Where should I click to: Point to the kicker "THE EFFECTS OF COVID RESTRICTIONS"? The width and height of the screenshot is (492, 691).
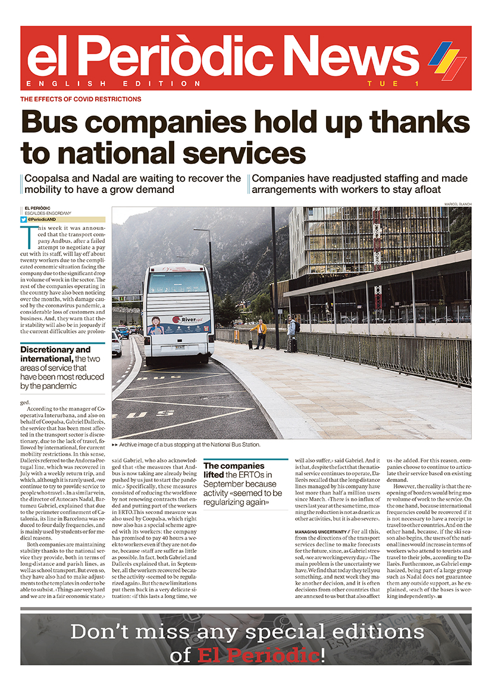pyautogui.click(x=81, y=99)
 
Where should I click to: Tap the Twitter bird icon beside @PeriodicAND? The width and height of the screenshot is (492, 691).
pyautogui.click(x=23, y=219)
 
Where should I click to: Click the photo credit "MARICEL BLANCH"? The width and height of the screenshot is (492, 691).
pyautogui.click(x=457, y=204)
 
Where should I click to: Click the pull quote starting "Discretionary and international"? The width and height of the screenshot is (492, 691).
pyautogui.click(x=62, y=368)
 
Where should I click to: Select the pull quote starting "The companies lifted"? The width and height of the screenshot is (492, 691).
pyautogui.click(x=244, y=485)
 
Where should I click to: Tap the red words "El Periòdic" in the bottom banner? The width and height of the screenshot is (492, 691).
pyautogui.click(x=258, y=656)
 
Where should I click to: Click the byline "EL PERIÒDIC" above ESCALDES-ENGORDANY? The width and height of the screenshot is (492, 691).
pyautogui.click(x=37, y=208)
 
